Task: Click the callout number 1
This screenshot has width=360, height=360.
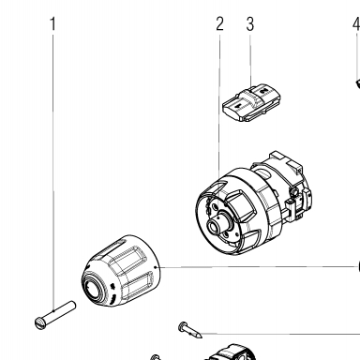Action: (x=53, y=23)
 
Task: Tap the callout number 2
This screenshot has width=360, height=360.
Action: (x=219, y=23)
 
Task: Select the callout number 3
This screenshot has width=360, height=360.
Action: (x=249, y=23)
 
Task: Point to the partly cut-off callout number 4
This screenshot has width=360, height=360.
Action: (x=357, y=23)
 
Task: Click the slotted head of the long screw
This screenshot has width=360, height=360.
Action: (x=39, y=322)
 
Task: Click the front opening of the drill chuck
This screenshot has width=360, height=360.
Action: (x=94, y=288)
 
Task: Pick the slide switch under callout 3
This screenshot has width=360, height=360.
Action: (x=250, y=102)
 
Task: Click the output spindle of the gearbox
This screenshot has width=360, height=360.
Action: (x=217, y=224)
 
